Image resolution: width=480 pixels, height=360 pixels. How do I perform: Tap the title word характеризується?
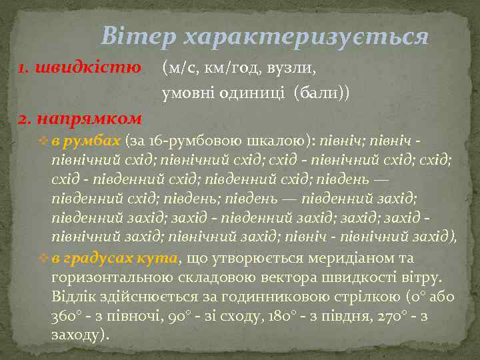point(305,37)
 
